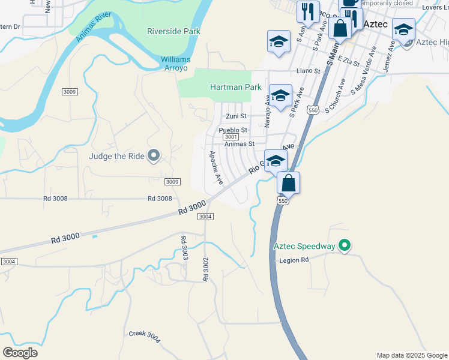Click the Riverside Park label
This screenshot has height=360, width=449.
pos(173,31)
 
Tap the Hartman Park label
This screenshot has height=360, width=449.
pos(235,87)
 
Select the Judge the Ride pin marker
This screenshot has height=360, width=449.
pos(154,156)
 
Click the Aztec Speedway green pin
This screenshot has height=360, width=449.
pos(345,246)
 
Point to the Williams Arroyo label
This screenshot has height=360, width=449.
pos(175,64)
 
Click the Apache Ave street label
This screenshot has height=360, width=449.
pos(215,167)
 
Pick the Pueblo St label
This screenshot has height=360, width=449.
pos(233,130)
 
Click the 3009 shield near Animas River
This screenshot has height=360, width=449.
pos(70,92)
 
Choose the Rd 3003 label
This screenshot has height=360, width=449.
pos(184,248)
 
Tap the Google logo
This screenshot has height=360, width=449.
pos(20,352)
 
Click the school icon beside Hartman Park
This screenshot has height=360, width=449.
pos(280,96)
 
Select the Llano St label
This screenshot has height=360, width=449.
pos(309,71)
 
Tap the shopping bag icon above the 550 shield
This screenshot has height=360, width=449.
pos(289,184)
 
